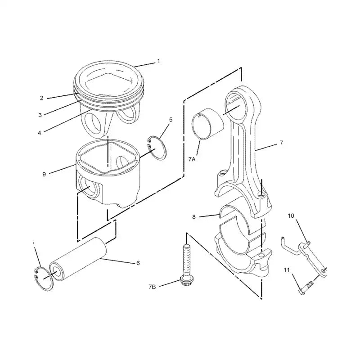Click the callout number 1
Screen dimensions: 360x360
[x=158, y=61]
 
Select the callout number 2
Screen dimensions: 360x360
[x=41, y=98]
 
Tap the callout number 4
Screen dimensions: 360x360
[x=40, y=132]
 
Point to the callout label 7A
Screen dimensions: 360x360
[x=192, y=159]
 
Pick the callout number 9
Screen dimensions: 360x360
[x=44, y=174]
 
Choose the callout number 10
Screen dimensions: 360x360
[x=291, y=216]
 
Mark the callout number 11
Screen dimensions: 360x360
[x=286, y=270]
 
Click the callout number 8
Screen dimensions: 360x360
[x=193, y=216]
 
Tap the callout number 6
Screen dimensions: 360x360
[x=138, y=263]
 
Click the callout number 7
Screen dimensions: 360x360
[x=281, y=143]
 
